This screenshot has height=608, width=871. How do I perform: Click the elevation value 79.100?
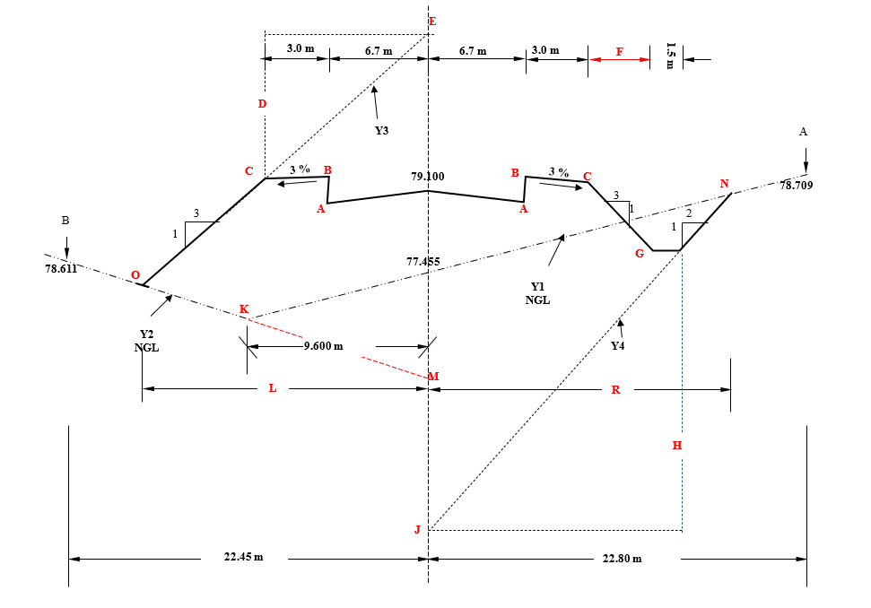pos(427,178)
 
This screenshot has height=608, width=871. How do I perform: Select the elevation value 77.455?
pos(425,262)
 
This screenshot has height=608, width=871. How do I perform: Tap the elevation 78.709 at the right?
pos(797,186)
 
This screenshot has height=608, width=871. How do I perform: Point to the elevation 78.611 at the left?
pos(61,268)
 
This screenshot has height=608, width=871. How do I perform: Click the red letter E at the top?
pos(432,21)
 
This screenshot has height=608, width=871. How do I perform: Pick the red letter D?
pos(262,104)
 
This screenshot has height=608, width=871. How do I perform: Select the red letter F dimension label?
pos(619,52)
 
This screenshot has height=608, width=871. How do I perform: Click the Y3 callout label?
pos(381,131)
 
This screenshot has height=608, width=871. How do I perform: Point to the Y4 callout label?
pos(618,346)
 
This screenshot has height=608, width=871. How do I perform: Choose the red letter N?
pos(724,184)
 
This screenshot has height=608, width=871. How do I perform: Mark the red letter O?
pos(135,275)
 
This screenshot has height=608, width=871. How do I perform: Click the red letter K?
pos(243,309)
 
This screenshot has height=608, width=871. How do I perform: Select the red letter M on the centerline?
pos(433,377)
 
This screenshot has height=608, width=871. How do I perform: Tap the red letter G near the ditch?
pos(640,254)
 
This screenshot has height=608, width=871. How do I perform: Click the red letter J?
pos(417,530)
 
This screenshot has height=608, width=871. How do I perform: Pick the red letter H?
pos(677,446)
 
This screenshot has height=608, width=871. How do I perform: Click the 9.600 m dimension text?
pos(324,346)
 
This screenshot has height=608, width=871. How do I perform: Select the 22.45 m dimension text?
pos(243,557)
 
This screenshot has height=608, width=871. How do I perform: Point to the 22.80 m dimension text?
pos(622,559)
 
